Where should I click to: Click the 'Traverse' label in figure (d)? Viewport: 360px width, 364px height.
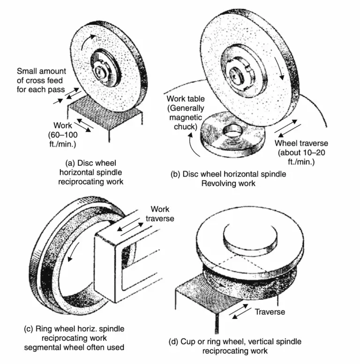click(x=270, y=311)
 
